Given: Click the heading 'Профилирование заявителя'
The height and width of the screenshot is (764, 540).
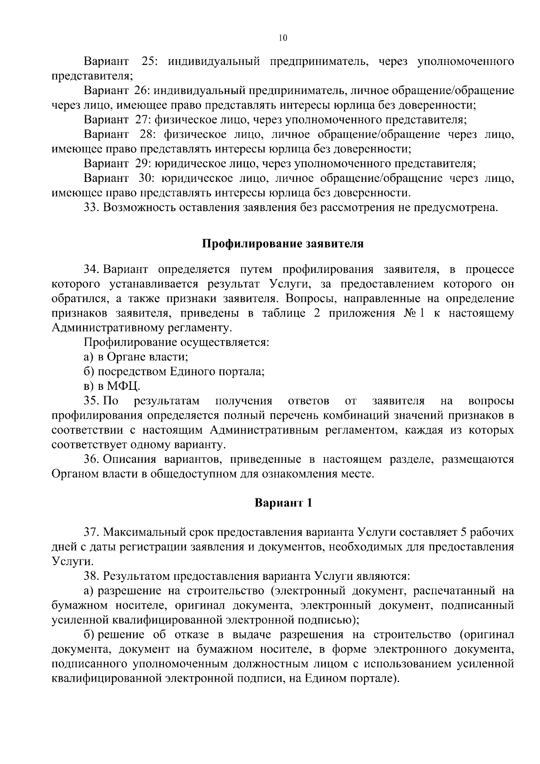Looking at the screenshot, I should point(282,244).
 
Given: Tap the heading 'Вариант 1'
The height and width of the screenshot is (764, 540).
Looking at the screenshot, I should point(283,502).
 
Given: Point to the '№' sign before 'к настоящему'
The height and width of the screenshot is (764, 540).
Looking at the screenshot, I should point(409,313).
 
